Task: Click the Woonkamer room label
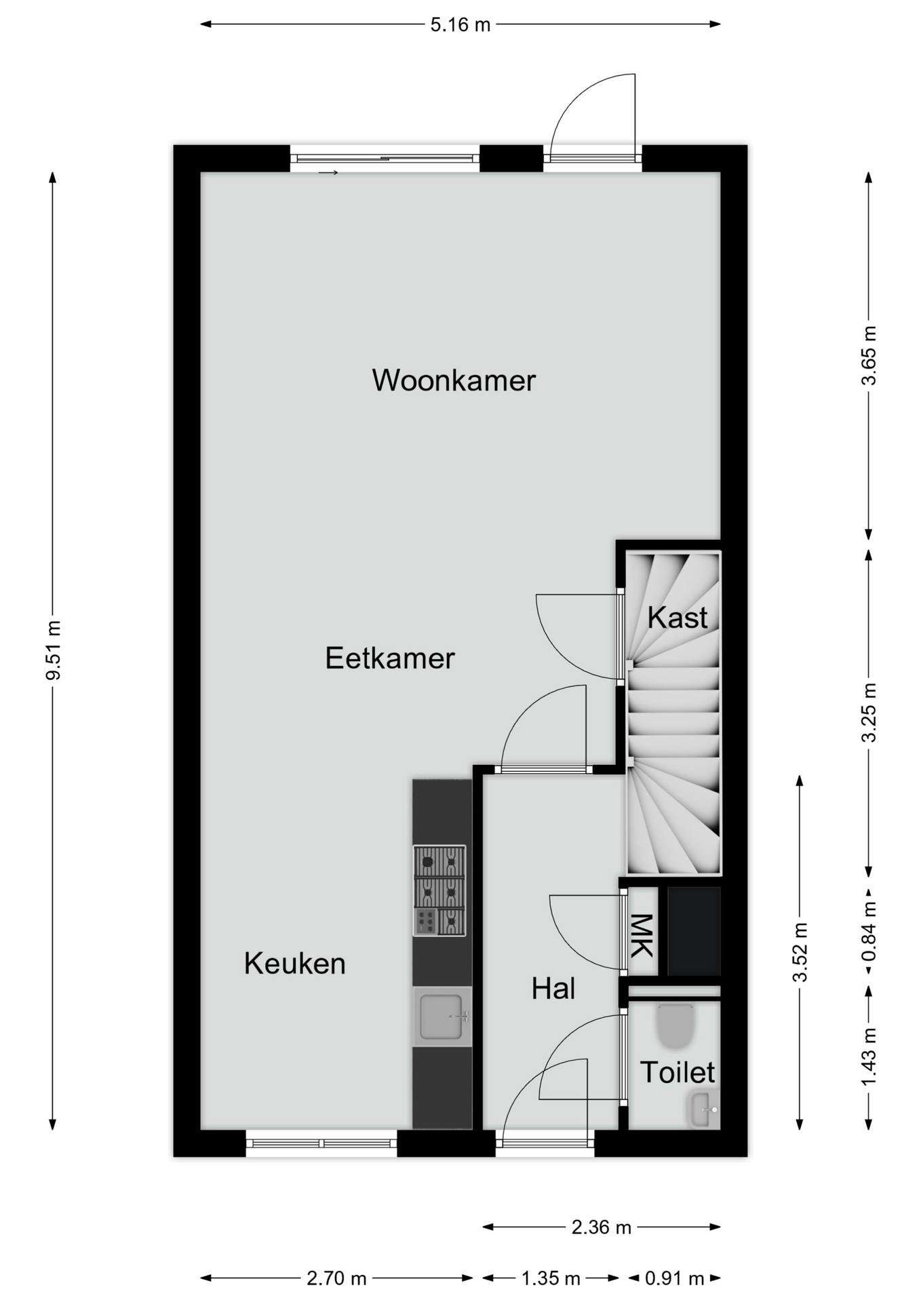(x=454, y=380)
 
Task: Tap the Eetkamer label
(x=390, y=658)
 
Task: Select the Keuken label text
(x=295, y=964)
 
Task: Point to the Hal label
(x=553, y=989)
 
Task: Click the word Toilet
(x=678, y=1072)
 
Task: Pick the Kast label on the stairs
(x=678, y=618)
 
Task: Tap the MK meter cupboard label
(x=642, y=936)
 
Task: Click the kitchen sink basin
(x=442, y=1017)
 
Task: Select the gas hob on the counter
(x=439, y=890)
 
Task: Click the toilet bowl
(x=676, y=1025)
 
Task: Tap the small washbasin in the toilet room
(x=703, y=1109)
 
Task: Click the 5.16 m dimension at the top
(x=460, y=25)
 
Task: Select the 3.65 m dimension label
(x=869, y=355)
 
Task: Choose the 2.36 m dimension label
(x=602, y=1227)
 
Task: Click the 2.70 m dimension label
(x=336, y=1279)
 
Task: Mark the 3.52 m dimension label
(x=801, y=952)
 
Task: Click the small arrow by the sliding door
(x=328, y=173)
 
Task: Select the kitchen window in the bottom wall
(x=321, y=1143)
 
